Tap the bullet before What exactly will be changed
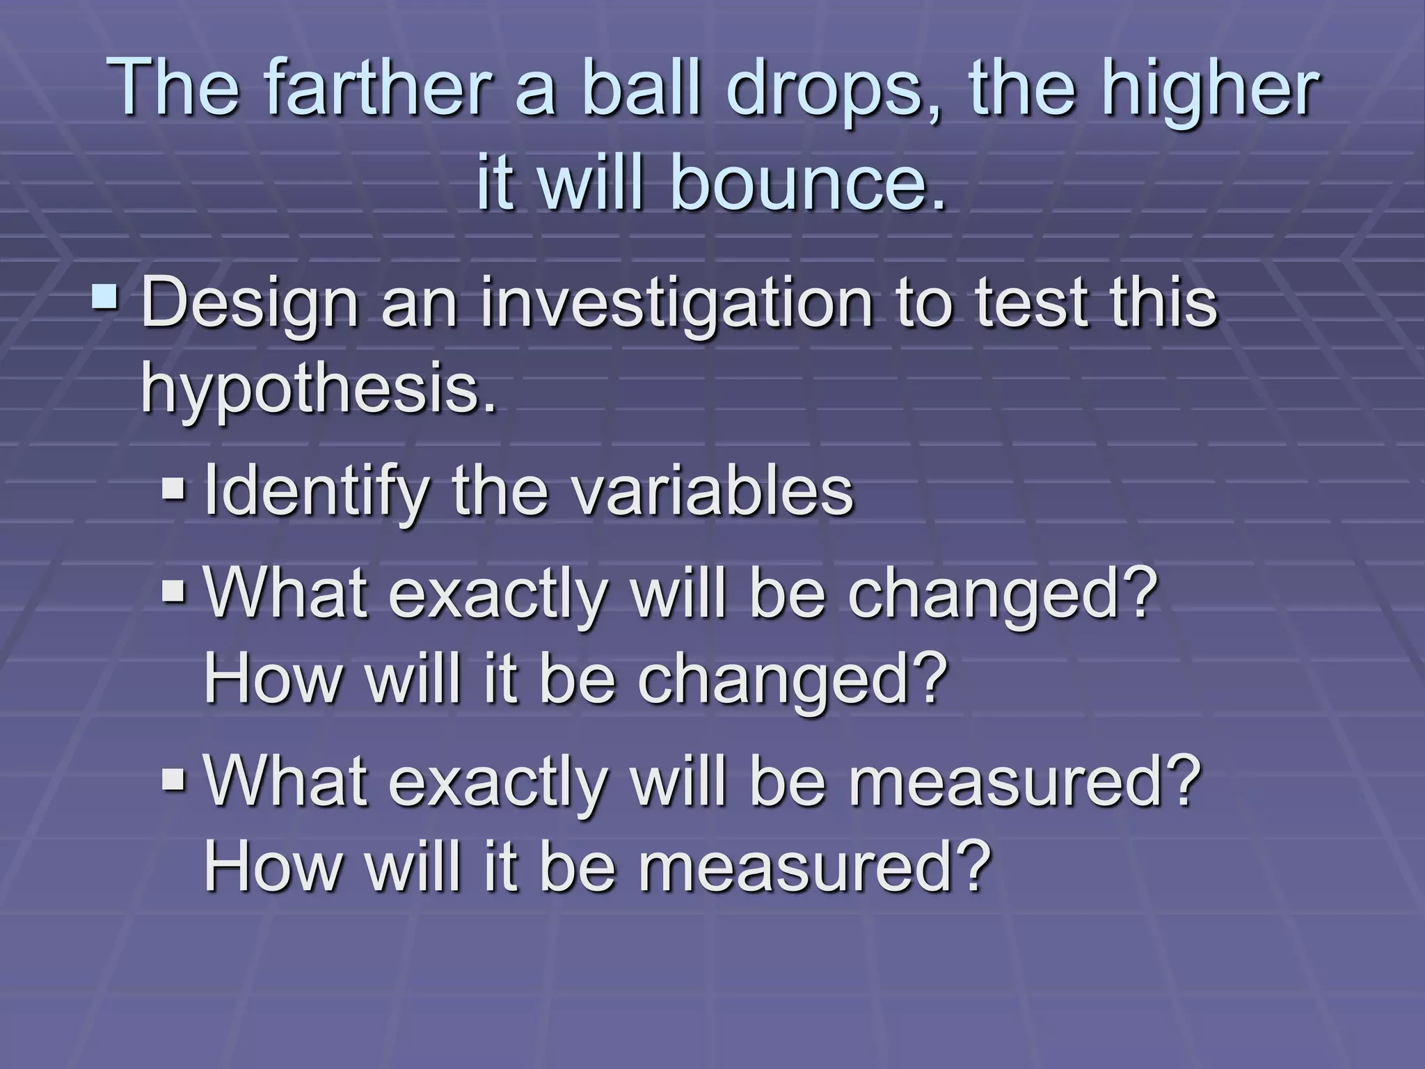pyautogui.click(x=173, y=592)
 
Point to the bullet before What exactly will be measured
pyautogui.click(x=173, y=780)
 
